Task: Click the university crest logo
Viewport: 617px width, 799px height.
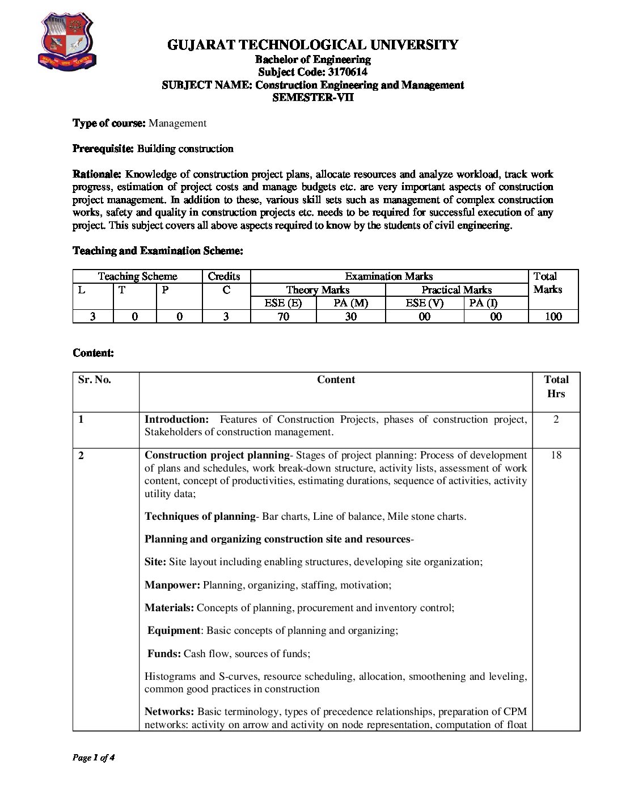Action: click(x=67, y=41)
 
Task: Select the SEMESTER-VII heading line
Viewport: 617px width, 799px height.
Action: click(x=312, y=97)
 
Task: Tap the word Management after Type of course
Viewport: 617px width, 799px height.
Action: click(x=178, y=123)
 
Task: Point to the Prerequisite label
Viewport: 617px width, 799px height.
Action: click(x=103, y=149)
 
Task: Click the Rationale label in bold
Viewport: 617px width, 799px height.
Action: click(x=96, y=174)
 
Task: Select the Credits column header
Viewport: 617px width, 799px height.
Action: click(x=224, y=276)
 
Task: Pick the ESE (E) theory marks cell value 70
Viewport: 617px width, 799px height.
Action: click(x=283, y=317)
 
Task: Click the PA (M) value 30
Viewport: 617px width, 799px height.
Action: click(x=350, y=317)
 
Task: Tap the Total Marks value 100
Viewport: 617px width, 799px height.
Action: click(x=553, y=317)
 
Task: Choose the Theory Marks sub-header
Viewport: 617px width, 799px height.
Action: click(x=318, y=290)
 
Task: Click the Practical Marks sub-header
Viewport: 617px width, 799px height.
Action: click(x=457, y=290)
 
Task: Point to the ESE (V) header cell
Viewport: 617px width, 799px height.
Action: click(x=424, y=303)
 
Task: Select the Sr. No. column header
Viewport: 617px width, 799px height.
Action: click(x=95, y=380)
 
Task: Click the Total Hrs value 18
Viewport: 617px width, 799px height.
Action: click(x=556, y=455)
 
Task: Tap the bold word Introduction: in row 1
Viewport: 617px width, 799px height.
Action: click(x=177, y=419)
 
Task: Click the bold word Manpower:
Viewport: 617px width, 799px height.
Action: click(x=172, y=585)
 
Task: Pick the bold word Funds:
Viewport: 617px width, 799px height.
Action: click(x=164, y=654)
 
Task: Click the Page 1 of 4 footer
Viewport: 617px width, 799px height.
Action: click(x=94, y=758)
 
